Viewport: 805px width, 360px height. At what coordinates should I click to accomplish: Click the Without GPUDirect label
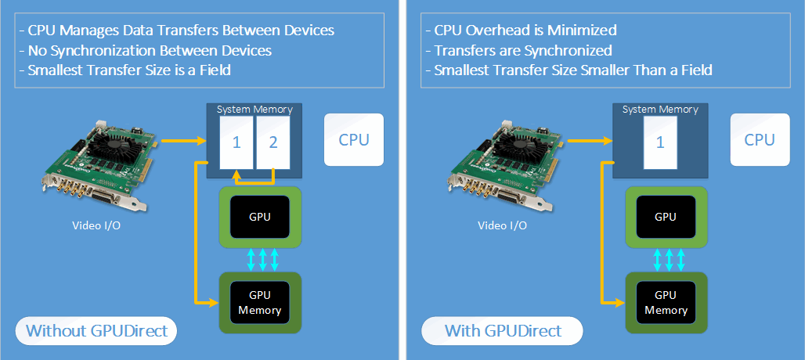tap(96, 331)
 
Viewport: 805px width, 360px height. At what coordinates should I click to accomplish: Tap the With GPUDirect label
tap(503, 331)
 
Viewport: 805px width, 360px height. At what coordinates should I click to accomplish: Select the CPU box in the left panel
tap(354, 139)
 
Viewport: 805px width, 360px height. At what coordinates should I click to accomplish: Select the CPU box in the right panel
tap(760, 139)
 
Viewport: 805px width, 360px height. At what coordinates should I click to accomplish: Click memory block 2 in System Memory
tap(273, 142)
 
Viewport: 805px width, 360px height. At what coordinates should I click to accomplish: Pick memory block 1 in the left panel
tap(236, 142)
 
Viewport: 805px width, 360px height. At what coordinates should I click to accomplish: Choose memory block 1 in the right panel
tap(659, 142)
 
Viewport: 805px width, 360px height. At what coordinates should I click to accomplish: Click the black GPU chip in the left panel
tap(258, 217)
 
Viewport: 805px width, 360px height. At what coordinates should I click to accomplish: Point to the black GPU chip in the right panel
tap(665, 217)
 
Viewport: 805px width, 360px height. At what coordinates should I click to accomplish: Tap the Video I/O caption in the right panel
tap(502, 226)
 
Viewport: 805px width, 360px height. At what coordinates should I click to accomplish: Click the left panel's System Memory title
tap(254, 109)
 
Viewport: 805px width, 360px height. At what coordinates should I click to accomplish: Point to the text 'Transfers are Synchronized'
tap(518, 51)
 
